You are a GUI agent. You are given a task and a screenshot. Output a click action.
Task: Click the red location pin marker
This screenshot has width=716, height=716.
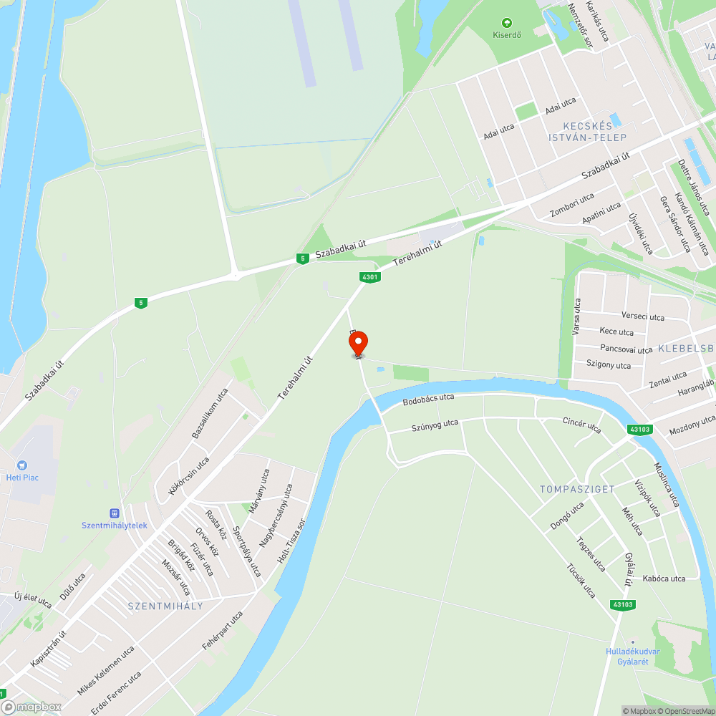358,344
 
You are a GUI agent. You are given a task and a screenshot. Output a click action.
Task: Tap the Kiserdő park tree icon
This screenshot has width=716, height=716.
508,23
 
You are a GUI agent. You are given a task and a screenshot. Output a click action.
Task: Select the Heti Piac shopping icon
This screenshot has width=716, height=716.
21,465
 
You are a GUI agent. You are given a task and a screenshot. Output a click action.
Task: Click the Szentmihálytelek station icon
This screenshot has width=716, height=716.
114,513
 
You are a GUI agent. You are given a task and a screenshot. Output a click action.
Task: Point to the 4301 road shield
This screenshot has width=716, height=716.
369,277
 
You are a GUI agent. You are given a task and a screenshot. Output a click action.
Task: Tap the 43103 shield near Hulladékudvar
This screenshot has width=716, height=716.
622,605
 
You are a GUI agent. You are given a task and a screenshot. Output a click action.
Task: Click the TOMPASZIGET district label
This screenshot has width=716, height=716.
577,489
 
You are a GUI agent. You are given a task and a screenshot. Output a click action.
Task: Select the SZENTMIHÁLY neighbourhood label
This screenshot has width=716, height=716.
165,606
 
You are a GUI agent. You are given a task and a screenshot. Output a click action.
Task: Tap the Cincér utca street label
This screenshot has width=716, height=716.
581,425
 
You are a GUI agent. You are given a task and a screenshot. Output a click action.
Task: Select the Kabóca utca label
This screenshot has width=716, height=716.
664,579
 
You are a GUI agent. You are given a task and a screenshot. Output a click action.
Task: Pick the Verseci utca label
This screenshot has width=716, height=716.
642,316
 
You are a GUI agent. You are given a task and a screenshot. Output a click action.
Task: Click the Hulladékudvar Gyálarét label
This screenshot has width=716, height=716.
632,656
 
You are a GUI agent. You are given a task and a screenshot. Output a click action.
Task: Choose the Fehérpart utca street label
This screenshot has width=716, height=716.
223,630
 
